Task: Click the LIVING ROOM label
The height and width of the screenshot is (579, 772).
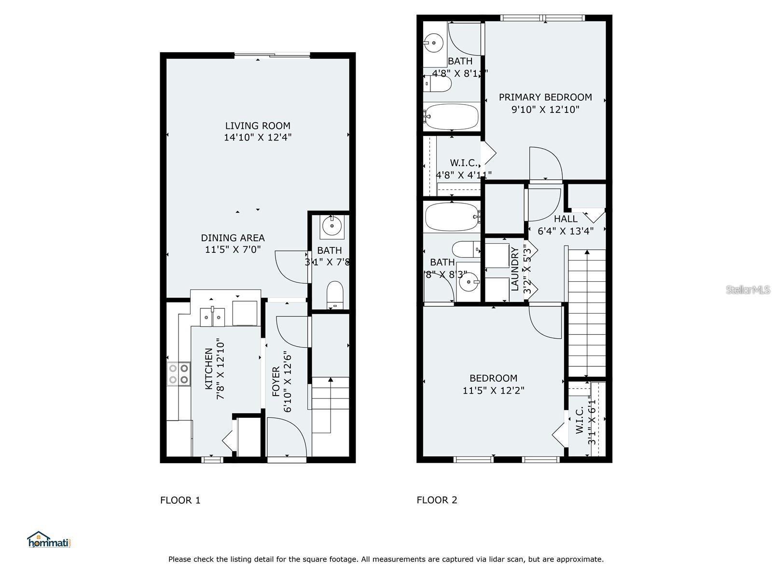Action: (258, 126)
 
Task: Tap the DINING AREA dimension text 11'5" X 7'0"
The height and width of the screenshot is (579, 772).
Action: (233, 249)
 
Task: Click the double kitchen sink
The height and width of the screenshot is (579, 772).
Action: (212, 317)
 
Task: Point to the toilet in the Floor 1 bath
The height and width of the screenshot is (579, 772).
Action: (334, 295)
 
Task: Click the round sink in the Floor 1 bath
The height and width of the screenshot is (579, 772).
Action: (332, 225)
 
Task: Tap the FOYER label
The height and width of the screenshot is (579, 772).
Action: (276, 381)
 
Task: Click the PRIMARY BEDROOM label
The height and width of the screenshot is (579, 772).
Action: (545, 97)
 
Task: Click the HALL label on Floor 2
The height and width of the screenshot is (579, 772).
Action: (565, 219)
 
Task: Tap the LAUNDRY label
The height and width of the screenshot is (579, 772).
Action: (515, 269)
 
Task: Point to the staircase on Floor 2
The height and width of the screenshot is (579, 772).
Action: (587, 314)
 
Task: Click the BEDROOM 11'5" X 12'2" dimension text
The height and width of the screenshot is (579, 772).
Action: (493, 390)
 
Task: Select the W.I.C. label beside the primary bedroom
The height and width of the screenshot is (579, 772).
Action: (464, 163)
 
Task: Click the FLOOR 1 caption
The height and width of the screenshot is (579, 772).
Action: (180, 500)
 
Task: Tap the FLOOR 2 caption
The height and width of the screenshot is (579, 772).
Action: (437, 500)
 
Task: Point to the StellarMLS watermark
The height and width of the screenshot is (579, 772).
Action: (747, 289)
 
